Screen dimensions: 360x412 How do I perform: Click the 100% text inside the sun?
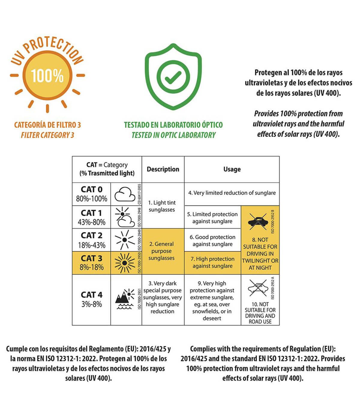47,76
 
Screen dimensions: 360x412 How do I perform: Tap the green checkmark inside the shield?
173,77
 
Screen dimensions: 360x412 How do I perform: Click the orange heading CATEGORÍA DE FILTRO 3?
47,125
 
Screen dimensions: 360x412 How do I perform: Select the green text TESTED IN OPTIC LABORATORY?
173,135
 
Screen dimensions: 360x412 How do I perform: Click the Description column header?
163,169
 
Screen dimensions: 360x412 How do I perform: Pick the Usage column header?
232,169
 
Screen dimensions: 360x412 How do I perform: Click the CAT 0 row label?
91,189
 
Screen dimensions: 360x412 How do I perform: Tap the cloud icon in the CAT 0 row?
125,194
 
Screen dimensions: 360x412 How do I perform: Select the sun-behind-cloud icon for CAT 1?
125,217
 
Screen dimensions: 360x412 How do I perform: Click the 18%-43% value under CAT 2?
91,245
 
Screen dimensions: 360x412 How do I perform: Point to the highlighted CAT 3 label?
91,258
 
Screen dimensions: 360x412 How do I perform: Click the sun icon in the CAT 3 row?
125,263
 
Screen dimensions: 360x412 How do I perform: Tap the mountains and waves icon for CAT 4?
125,299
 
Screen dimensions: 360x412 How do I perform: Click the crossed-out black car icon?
258,222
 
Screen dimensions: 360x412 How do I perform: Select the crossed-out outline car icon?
258,288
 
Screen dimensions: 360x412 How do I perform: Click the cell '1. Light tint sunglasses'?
162,206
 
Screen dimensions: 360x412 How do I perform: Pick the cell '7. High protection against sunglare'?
212,262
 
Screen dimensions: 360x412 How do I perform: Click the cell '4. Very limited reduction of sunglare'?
232,193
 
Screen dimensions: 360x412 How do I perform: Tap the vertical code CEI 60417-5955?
139,194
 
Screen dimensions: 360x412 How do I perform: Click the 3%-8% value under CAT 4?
91,304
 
